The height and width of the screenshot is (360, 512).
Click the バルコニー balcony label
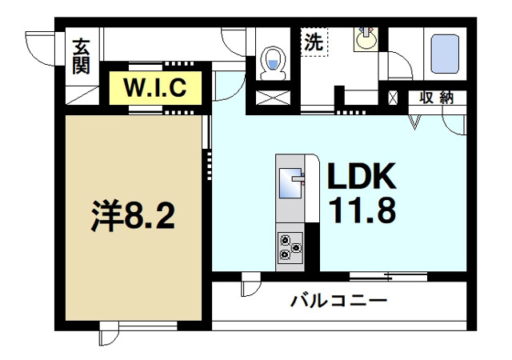coord(338,302)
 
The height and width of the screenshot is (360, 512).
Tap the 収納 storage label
coord(436,98)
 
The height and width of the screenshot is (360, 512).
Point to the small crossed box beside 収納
coord(392,98)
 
